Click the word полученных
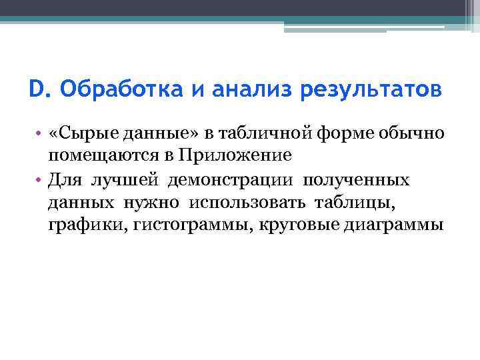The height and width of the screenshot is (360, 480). (358, 179)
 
